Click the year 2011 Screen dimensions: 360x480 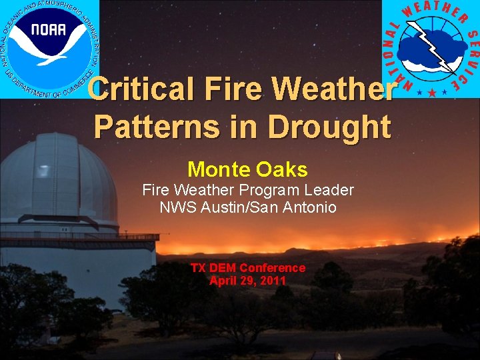[273, 281]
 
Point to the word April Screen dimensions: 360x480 [223, 281]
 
